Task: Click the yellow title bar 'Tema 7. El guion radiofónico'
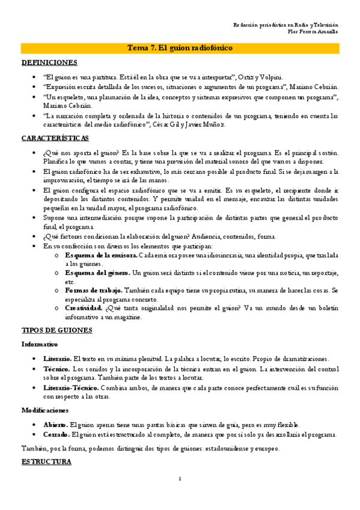180,48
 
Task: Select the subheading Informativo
40,345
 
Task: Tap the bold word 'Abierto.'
55,424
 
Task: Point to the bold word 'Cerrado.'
55,434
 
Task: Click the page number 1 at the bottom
180,479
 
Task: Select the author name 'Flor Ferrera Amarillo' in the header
313,31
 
